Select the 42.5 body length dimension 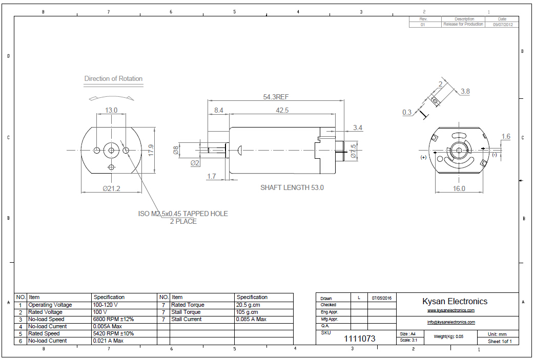pos(282,110)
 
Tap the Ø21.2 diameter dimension pos(111,188)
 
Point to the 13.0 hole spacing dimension pos(111,110)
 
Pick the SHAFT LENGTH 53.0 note pos(292,187)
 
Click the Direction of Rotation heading pos(113,79)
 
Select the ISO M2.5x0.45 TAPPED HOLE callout pos(183,214)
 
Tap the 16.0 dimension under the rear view pos(459,188)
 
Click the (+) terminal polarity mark pos(423,157)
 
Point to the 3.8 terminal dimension pos(465,92)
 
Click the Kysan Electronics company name pos(455,301)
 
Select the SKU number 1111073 pos(359,338)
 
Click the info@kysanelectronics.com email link pos(451,322)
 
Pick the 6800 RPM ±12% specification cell pos(113,319)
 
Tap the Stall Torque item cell pos(186,312)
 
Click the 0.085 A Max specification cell pos(251,319)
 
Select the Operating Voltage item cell pos(50,305)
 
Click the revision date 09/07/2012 pos(503,24)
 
